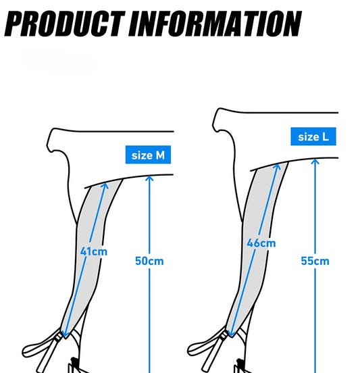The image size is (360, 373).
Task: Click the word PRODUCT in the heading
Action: click(x=64, y=24)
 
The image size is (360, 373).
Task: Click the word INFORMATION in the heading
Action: click(x=215, y=24)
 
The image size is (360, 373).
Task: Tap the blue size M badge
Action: click(x=148, y=155)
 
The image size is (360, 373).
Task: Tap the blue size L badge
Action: click(x=313, y=136)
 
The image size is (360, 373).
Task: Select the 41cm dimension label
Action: click(x=94, y=251)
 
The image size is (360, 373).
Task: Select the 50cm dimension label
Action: click(x=149, y=261)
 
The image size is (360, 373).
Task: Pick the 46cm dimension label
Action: click(x=261, y=243)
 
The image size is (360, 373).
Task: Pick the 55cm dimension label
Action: click(x=315, y=261)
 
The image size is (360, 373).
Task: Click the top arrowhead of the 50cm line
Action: click(x=149, y=178)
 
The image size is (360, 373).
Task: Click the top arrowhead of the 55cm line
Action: click(x=315, y=161)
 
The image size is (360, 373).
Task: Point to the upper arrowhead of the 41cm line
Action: click(x=105, y=186)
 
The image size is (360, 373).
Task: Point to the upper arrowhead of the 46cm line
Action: click(x=277, y=166)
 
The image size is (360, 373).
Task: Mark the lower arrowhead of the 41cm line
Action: click(x=64, y=334)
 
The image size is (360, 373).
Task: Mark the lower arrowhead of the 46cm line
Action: click(x=230, y=334)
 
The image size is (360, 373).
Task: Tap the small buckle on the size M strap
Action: click(x=59, y=337)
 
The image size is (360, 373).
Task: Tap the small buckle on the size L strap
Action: click(x=224, y=336)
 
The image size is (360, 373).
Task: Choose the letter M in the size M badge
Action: click(x=160, y=155)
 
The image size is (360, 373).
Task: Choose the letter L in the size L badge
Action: click(x=326, y=136)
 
